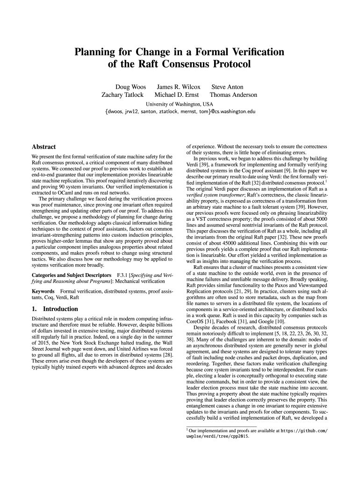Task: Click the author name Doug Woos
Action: point(130,87)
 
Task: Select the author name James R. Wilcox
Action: point(178,87)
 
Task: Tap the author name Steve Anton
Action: point(227,87)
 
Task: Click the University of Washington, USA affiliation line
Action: point(180,104)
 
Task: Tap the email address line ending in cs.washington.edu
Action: point(180,112)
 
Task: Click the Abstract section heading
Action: point(43,147)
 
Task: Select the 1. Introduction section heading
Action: point(55,309)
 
